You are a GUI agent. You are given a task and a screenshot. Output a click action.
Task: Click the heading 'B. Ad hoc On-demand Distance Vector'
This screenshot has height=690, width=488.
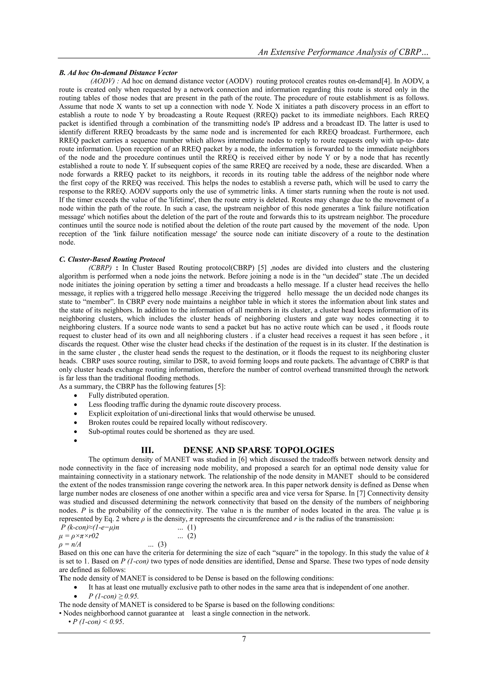click(x=118, y=73)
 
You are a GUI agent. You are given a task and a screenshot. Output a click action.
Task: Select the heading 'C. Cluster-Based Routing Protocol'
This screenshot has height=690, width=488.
click(x=112, y=259)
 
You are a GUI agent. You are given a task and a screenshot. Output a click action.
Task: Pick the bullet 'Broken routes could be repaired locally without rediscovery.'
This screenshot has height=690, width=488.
click(x=178, y=423)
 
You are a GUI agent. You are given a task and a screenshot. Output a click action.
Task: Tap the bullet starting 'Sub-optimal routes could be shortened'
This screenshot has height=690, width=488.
click(x=171, y=432)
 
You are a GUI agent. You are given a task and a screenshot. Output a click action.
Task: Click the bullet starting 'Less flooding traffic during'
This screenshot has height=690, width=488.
click(x=184, y=404)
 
